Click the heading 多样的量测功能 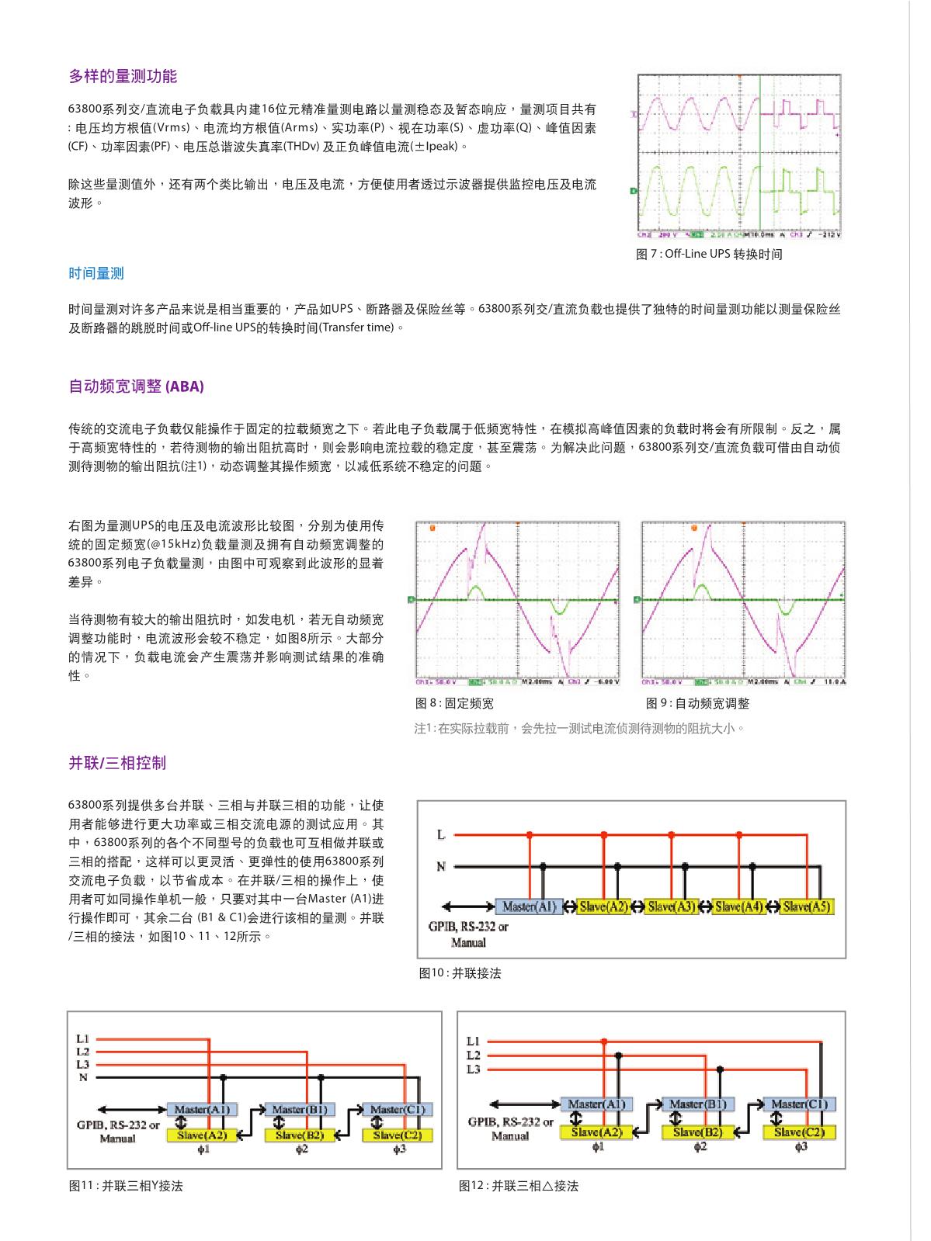[x=123, y=76]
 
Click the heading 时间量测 [x=96, y=273]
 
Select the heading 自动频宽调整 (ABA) [x=136, y=387]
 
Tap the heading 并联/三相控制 [x=117, y=763]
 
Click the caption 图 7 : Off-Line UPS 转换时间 [x=709, y=255]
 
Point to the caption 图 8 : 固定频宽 [x=455, y=704]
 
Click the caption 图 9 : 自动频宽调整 [x=697, y=704]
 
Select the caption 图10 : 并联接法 [x=460, y=973]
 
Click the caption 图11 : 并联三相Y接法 [x=126, y=1186]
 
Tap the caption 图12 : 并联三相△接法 [x=519, y=1186]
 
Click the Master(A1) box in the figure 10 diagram [x=529, y=906]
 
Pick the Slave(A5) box [x=807, y=906]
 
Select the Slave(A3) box [x=672, y=906]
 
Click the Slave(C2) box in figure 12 [x=799, y=1132]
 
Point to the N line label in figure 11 [x=83, y=1077]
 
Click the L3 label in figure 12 [x=474, y=1069]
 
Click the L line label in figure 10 [x=441, y=835]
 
